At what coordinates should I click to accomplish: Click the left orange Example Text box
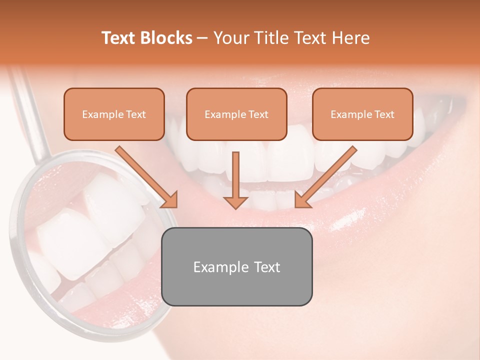coord(114,114)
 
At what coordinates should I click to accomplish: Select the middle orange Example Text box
coord(236,114)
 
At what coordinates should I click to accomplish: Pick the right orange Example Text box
coord(362,114)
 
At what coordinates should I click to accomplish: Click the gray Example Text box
coord(236,266)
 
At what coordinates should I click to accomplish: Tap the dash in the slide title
coord(202,38)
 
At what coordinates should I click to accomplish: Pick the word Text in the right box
coord(384,114)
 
